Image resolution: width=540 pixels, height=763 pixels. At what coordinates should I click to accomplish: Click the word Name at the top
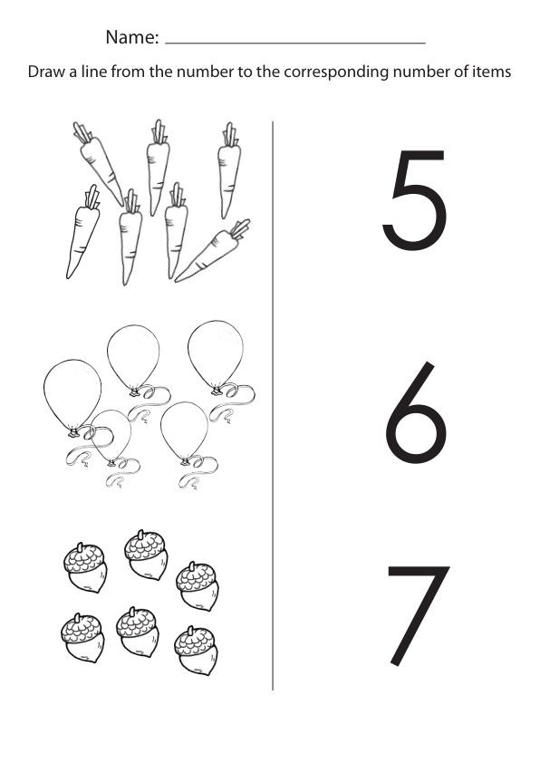[x=132, y=37]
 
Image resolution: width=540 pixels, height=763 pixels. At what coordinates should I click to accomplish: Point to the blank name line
[x=295, y=43]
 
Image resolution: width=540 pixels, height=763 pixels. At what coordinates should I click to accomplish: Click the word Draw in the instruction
[x=46, y=72]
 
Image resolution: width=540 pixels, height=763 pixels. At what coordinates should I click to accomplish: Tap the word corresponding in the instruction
[x=336, y=72]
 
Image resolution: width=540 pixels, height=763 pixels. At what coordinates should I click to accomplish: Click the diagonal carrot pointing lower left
[x=214, y=251]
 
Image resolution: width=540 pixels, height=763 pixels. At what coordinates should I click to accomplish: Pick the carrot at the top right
[x=228, y=170]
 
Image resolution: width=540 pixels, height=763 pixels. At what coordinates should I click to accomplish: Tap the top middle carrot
[x=158, y=168]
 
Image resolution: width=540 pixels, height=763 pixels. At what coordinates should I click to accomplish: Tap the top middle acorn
[x=146, y=555]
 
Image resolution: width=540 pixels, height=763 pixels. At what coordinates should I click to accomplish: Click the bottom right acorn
[x=196, y=650]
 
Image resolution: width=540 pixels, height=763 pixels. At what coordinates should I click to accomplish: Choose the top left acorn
[x=85, y=567]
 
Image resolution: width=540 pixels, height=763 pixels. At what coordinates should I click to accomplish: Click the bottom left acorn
[x=82, y=637]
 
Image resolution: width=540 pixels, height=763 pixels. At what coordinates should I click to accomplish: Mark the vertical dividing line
[x=273, y=405]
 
